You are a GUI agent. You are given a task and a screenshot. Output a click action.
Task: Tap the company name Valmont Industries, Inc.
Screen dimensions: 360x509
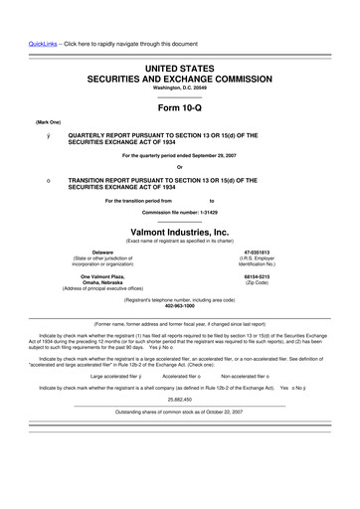(180, 231)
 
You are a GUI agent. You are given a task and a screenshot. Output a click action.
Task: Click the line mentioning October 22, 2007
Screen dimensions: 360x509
(180, 411)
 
